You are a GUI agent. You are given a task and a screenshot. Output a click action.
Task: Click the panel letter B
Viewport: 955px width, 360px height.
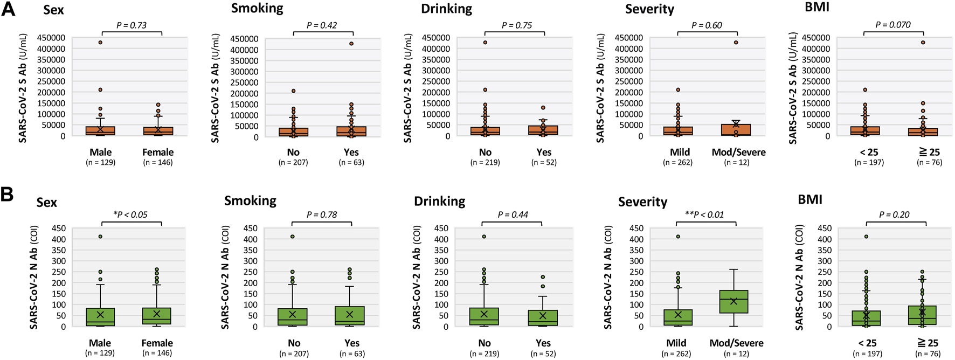point(7,194)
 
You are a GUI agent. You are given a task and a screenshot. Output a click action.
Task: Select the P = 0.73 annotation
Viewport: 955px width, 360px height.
point(131,25)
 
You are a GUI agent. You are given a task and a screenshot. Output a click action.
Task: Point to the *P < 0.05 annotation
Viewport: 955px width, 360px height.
point(130,214)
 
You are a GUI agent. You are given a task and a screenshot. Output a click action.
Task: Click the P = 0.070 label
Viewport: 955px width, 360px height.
point(892,25)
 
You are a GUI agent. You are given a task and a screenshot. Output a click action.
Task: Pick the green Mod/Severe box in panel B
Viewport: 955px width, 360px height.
point(733,302)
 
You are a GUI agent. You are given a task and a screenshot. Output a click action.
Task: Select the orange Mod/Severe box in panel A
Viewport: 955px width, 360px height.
point(736,130)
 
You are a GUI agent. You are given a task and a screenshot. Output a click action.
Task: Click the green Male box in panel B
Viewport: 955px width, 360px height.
point(100,317)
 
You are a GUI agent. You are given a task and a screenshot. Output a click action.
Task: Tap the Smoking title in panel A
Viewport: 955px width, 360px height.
point(257,9)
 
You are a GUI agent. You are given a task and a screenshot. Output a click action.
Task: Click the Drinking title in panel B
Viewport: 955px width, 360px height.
point(439,202)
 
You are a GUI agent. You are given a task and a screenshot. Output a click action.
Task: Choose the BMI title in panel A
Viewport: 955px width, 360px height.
point(816,8)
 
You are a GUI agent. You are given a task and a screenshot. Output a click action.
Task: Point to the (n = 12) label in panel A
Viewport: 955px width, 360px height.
point(737,162)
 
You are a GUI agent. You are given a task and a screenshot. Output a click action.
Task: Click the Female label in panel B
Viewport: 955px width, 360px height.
point(157,343)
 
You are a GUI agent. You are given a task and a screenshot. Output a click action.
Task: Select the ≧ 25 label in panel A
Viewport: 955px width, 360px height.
point(929,152)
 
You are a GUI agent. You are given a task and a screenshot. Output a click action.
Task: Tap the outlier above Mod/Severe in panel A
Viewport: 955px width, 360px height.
point(736,43)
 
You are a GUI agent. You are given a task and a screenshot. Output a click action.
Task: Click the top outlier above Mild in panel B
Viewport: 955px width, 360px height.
point(678,237)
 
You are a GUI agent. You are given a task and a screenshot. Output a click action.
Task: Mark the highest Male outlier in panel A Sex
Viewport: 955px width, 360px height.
point(100,43)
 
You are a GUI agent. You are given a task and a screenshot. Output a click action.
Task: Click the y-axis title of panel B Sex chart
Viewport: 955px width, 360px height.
point(33,277)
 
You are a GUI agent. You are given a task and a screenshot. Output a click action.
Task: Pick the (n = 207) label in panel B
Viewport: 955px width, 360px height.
point(294,354)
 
